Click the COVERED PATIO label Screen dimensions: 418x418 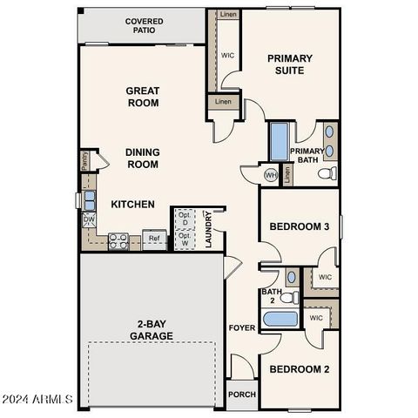(x=144, y=25)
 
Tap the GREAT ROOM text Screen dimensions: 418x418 (x=142, y=96)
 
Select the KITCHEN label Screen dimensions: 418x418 (x=132, y=205)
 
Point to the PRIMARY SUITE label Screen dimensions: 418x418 (x=290, y=64)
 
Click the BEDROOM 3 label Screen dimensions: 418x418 (x=299, y=226)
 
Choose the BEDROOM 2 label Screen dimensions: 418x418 (x=299, y=369)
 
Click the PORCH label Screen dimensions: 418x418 (x=242, y=394)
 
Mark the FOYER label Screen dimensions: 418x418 (x=241, y=328)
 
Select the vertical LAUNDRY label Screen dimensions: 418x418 (x=209, y=231)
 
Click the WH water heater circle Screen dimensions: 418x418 (x=271, y=174)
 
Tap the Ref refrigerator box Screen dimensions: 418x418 (x=154, y=238)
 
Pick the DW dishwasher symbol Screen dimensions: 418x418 (x=88, y=220)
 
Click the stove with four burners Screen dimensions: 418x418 (x=118, y=239)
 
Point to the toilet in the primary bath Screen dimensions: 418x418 (x=327, y=174)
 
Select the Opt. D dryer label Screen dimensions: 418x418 (x=185, y=219)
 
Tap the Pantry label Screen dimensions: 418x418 (x=84, y=159)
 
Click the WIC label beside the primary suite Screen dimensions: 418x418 (x=228, y=55)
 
